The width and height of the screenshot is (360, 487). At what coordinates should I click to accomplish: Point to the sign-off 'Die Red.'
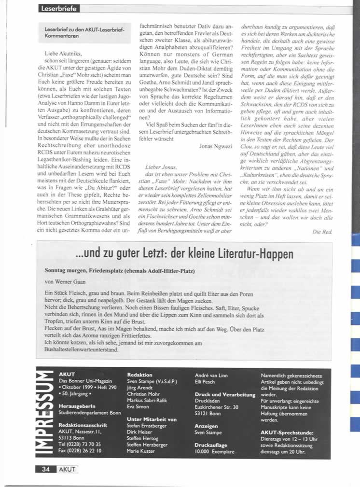[x=323, y=232]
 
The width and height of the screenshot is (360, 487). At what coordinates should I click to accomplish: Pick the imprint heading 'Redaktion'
[x=140, y=375]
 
